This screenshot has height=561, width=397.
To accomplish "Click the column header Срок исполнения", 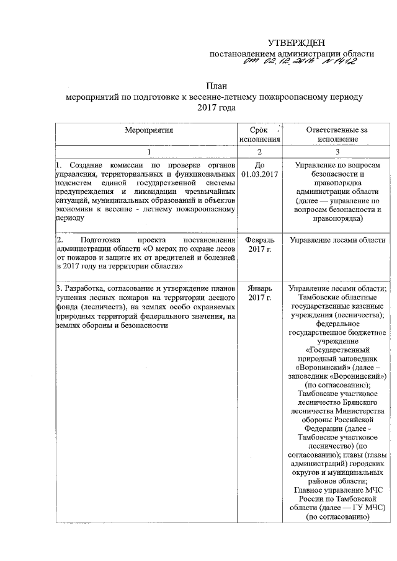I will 259,135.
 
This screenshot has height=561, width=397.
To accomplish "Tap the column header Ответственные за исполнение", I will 338,135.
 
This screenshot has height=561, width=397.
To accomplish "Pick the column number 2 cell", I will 259,152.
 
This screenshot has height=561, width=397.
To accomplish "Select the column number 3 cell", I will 338,152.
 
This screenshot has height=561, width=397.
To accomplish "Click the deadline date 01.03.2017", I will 259,175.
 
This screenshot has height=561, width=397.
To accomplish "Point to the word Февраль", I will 259,240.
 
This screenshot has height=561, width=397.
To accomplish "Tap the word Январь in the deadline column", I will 259,288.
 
